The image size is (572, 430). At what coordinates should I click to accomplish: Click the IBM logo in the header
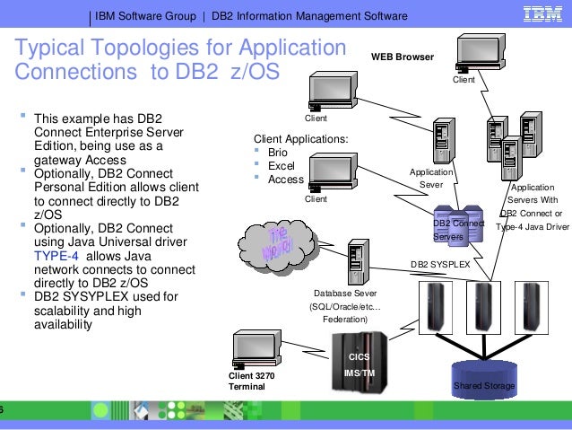tap(542, 16)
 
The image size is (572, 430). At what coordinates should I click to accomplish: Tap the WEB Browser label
tap(403, 57)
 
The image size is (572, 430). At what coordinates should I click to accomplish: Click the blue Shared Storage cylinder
tap(484, 378)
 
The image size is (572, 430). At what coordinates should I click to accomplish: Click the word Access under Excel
tap(287, 179)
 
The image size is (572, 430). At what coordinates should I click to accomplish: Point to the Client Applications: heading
tap(301, 139)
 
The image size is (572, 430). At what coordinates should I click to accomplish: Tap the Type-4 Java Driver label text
tap(532, 227)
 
